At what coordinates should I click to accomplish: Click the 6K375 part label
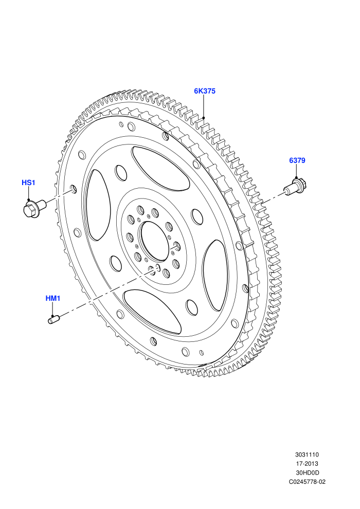pos(205,91)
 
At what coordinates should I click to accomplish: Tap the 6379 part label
pos(297,160)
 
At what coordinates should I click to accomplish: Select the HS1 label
pos(28,183)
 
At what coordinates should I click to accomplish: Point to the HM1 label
pos(52,298)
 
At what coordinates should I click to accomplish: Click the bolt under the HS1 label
pos(34,208)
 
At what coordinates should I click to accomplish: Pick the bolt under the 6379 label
pos(295,187)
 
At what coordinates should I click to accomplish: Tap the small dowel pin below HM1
pos(53,319)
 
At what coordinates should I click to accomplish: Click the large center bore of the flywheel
pos(154,241)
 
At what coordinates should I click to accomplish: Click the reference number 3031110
pos(307,455)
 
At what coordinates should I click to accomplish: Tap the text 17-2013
pos(307,464)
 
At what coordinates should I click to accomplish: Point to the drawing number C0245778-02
pos(307,482)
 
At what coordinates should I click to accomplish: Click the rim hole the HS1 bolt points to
pos(74,189)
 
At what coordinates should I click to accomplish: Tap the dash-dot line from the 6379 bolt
pos(273,199)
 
